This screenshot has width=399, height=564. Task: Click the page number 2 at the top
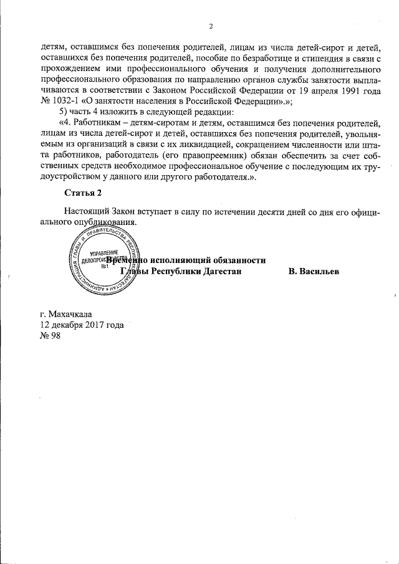211,26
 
